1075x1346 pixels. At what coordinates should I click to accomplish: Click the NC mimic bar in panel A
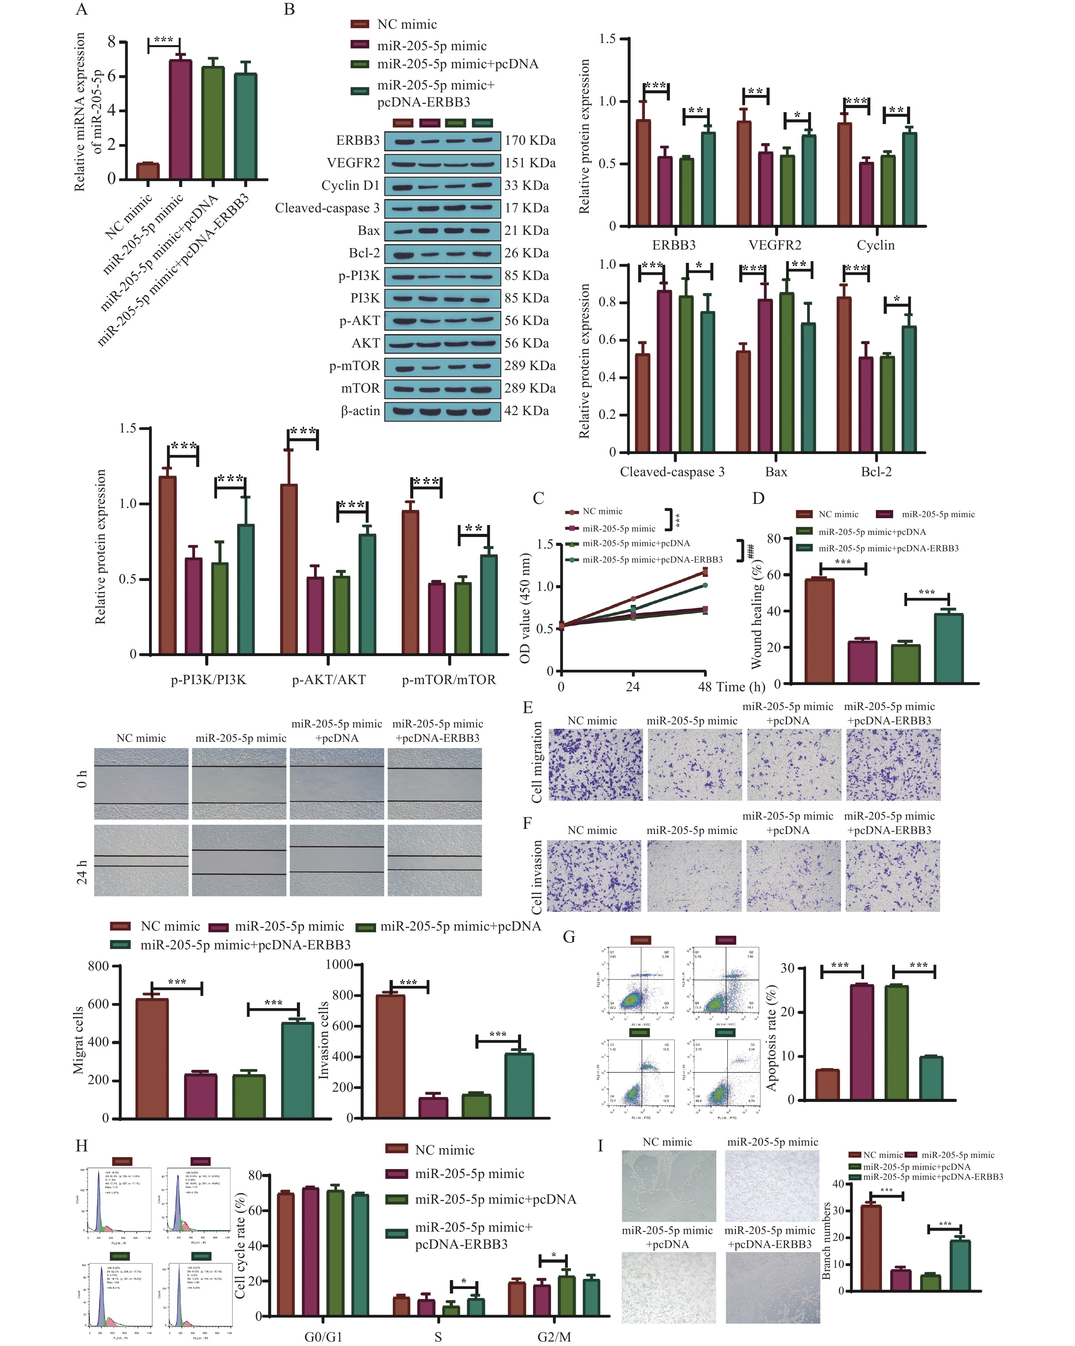coord(148,171)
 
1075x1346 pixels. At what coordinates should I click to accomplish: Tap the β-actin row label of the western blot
coord(360,411)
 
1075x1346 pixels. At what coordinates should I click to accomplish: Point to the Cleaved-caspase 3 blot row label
coord(327,208)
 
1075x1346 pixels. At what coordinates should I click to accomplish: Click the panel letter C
coord(538,498)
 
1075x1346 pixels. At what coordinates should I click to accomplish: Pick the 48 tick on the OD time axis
coord(705,687)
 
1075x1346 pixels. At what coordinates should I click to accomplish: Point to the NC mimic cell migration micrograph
coord(595,765)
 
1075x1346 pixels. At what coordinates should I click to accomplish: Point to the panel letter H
coord(81,1146)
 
